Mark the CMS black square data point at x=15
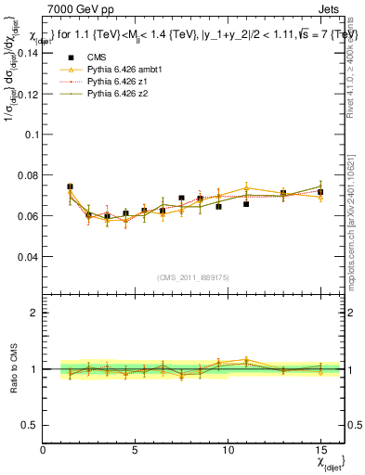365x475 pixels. [320, 193]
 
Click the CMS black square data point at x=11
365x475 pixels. [246, 203]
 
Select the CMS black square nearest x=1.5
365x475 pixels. [70, 187]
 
